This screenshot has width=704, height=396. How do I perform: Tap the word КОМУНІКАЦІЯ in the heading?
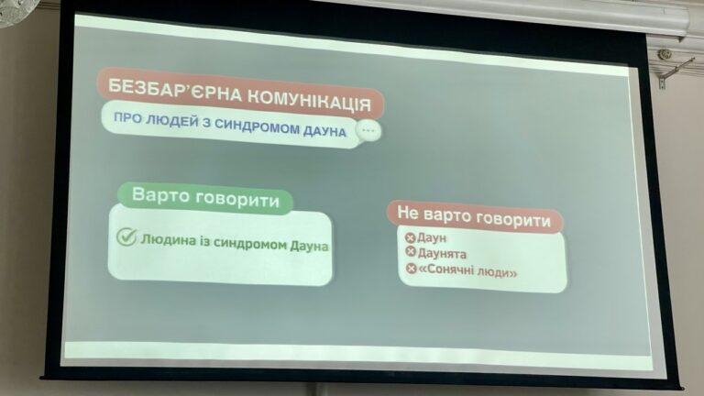pyautogui.click(x=309, y=100)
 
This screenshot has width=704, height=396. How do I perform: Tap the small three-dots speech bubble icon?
pyautogui.click(x=368, y=131)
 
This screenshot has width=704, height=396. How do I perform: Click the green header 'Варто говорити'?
pyautogui.click(x=205, y=198)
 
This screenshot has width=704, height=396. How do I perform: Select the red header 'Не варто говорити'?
pyautogui.click(x=474, y=216)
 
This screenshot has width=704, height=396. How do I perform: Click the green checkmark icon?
pyautogui.click(x=126, y=236)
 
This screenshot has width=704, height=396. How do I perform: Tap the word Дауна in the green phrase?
pyautogui.click(x=309, y=246)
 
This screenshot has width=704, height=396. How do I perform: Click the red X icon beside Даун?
pyautogui.click(x=410, y=237)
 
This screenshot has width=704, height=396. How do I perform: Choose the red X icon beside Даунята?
pyautogui.click(x=411, y=252)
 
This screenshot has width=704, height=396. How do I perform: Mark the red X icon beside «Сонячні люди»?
pyautogui.click(x=412, y=269)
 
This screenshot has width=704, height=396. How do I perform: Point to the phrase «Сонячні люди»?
pyautogui.click(x=467, y=271)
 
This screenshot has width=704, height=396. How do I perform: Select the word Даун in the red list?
pyautogui.click(x=432, y=238)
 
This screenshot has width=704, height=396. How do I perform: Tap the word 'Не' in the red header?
pyautogui.click(x=408, y=212)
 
